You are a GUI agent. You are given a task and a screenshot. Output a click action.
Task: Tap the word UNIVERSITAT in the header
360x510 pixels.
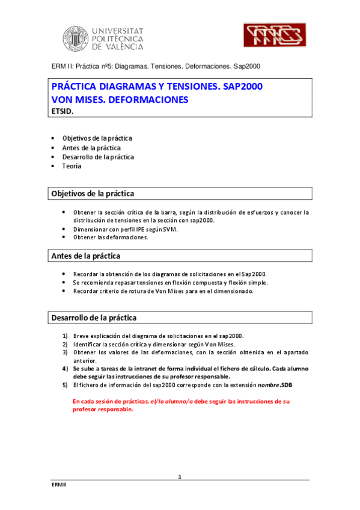[x=117, y=29]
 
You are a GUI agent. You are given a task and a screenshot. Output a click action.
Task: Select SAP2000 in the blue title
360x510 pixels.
[x=242, y=86]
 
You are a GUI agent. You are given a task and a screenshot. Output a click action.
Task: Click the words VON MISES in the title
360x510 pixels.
[x=76, y=99]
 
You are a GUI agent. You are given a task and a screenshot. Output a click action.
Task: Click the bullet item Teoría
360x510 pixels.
[x=72, y=166]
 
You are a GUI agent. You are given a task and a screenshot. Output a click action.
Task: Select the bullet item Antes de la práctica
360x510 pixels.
[x=91, y=147]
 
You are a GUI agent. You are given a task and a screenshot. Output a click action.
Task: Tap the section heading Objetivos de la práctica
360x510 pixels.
[x=93, y=194]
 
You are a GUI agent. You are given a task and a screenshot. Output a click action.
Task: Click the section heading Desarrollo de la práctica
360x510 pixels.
[x=94, y=317]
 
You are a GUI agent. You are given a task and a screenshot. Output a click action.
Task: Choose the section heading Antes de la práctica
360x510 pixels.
[x=85, y=256]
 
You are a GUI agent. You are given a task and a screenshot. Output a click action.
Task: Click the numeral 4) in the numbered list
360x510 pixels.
[x=66, y=367]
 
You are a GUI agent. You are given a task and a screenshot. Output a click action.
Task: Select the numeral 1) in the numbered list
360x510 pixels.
[x=66, y=336]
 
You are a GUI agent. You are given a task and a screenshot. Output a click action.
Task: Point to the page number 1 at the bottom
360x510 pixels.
[x=180, y=477]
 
